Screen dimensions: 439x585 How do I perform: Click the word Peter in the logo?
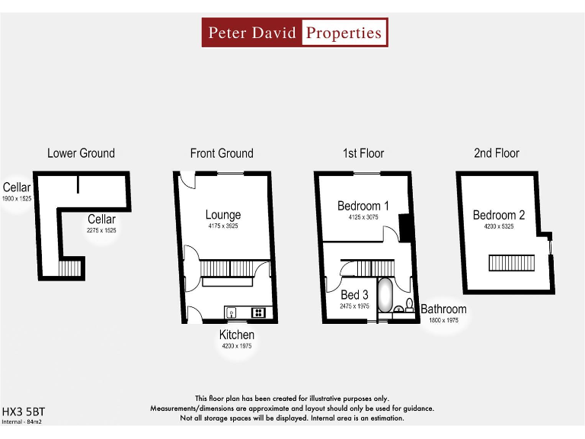228,33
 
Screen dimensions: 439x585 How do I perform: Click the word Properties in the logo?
343,33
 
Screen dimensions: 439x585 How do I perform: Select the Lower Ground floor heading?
81,153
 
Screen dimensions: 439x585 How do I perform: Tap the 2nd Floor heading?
496,153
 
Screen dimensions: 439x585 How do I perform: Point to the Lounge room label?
222,215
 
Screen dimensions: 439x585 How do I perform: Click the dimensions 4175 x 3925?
222,226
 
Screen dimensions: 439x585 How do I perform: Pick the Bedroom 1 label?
363,206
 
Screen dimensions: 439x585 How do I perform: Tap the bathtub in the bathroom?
385,296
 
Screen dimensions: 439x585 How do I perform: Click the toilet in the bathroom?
409,306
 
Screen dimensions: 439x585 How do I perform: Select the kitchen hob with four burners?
258,312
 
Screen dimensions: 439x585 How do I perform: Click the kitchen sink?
232,312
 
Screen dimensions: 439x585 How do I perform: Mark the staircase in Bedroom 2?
507,262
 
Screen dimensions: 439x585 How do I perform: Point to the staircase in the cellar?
69,269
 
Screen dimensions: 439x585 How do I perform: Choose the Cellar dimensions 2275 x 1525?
101,230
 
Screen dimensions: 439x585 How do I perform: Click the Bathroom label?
443,309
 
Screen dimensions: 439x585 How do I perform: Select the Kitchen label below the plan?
237,335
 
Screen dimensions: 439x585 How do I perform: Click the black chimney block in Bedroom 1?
405,226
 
